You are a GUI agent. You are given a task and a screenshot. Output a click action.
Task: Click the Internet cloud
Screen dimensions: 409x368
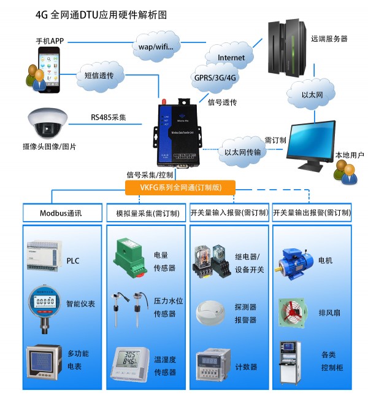point(231,57)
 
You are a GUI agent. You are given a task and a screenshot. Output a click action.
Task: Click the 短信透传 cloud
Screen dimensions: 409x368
point(101,77)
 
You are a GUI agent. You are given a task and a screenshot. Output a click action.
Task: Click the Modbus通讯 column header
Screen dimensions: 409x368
point(61,213)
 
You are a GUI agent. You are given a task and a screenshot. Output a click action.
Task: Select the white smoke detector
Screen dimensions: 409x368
point(213,312)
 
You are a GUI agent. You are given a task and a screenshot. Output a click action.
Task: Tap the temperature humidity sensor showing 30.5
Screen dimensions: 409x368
point(129,362)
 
